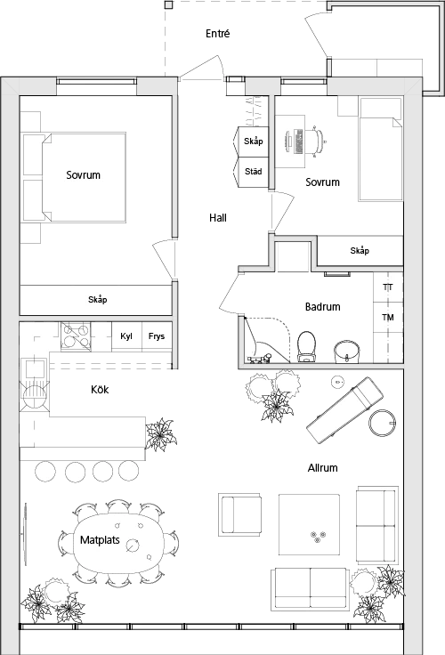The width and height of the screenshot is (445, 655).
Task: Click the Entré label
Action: [x=218, y=34]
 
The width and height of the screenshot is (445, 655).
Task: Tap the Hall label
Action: [x=218, y=218]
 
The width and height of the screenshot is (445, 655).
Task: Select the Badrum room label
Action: [x=322, y=307]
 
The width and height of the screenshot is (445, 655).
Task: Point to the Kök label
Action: [x=100, y=389]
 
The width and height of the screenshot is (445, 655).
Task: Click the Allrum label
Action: [x=322, y=468]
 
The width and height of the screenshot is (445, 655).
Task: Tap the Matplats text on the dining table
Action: [x=100, y=539]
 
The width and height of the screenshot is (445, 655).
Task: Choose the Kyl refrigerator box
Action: [x=126, y=336]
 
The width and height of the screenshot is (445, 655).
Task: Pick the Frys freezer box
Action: [x=158, y=336]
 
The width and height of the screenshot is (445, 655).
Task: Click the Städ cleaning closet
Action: [x=250, y=172]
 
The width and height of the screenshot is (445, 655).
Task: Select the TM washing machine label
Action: [x=388, y=318]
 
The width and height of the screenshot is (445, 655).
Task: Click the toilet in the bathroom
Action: [x=306, y=346]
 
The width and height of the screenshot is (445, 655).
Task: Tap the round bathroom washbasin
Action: [x=347, y=352]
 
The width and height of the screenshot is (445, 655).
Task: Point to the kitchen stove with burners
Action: [x=76, y=336]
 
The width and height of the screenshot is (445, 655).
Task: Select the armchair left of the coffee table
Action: [x=239, y=514]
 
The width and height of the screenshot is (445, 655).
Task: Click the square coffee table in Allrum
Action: [x=309, y=525]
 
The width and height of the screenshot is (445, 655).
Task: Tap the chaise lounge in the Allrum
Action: [x=344, y=410]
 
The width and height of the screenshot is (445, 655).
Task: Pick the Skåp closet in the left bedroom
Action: [x=96, y=300]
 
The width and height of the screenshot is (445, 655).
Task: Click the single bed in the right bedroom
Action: [x=380, y=150]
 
